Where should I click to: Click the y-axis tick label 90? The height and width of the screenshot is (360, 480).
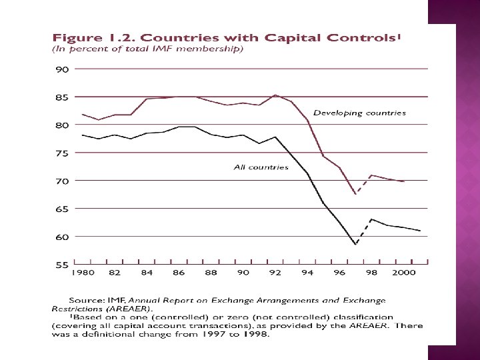(61, 69)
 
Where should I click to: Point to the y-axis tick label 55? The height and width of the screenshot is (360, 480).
(61, 265)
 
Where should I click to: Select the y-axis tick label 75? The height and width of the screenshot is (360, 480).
(61, 153)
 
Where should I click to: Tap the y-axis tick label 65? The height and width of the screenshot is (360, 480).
(61, 209)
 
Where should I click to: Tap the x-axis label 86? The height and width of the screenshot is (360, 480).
(179, 273)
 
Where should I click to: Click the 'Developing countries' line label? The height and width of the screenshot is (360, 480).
(359, 113)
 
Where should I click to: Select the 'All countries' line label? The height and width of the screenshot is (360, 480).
(261, 167)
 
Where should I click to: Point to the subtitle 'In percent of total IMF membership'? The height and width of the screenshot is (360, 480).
(147, 49)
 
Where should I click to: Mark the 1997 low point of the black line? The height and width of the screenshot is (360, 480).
(356, 245)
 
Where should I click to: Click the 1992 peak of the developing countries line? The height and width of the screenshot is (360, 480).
(275, 95)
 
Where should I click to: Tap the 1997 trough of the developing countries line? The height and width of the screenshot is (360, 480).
(356, 194)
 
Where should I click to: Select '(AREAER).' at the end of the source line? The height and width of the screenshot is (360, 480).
(131, 309)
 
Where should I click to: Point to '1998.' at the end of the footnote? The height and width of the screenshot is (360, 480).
(256, 335)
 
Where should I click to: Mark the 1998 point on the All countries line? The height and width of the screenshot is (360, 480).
(372, 219)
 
